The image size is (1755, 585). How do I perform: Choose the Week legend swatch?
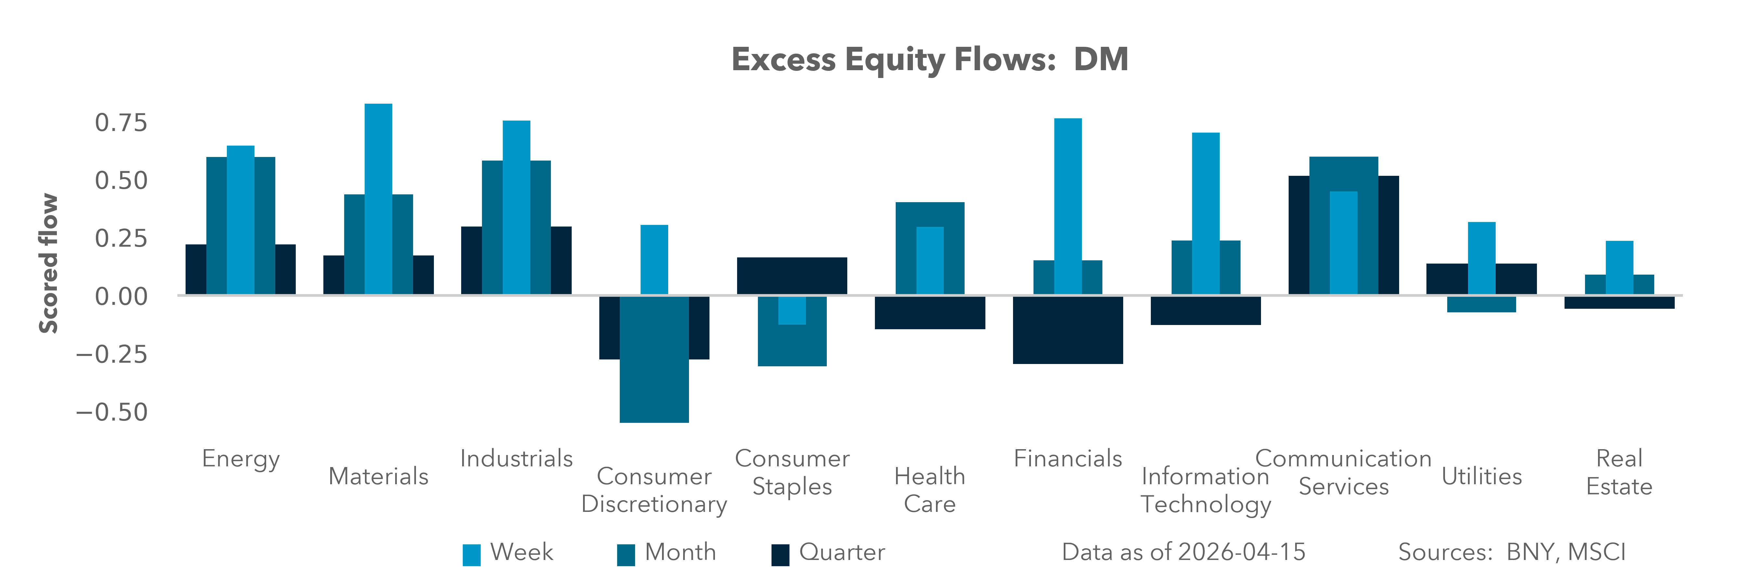(x=472, y=554)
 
